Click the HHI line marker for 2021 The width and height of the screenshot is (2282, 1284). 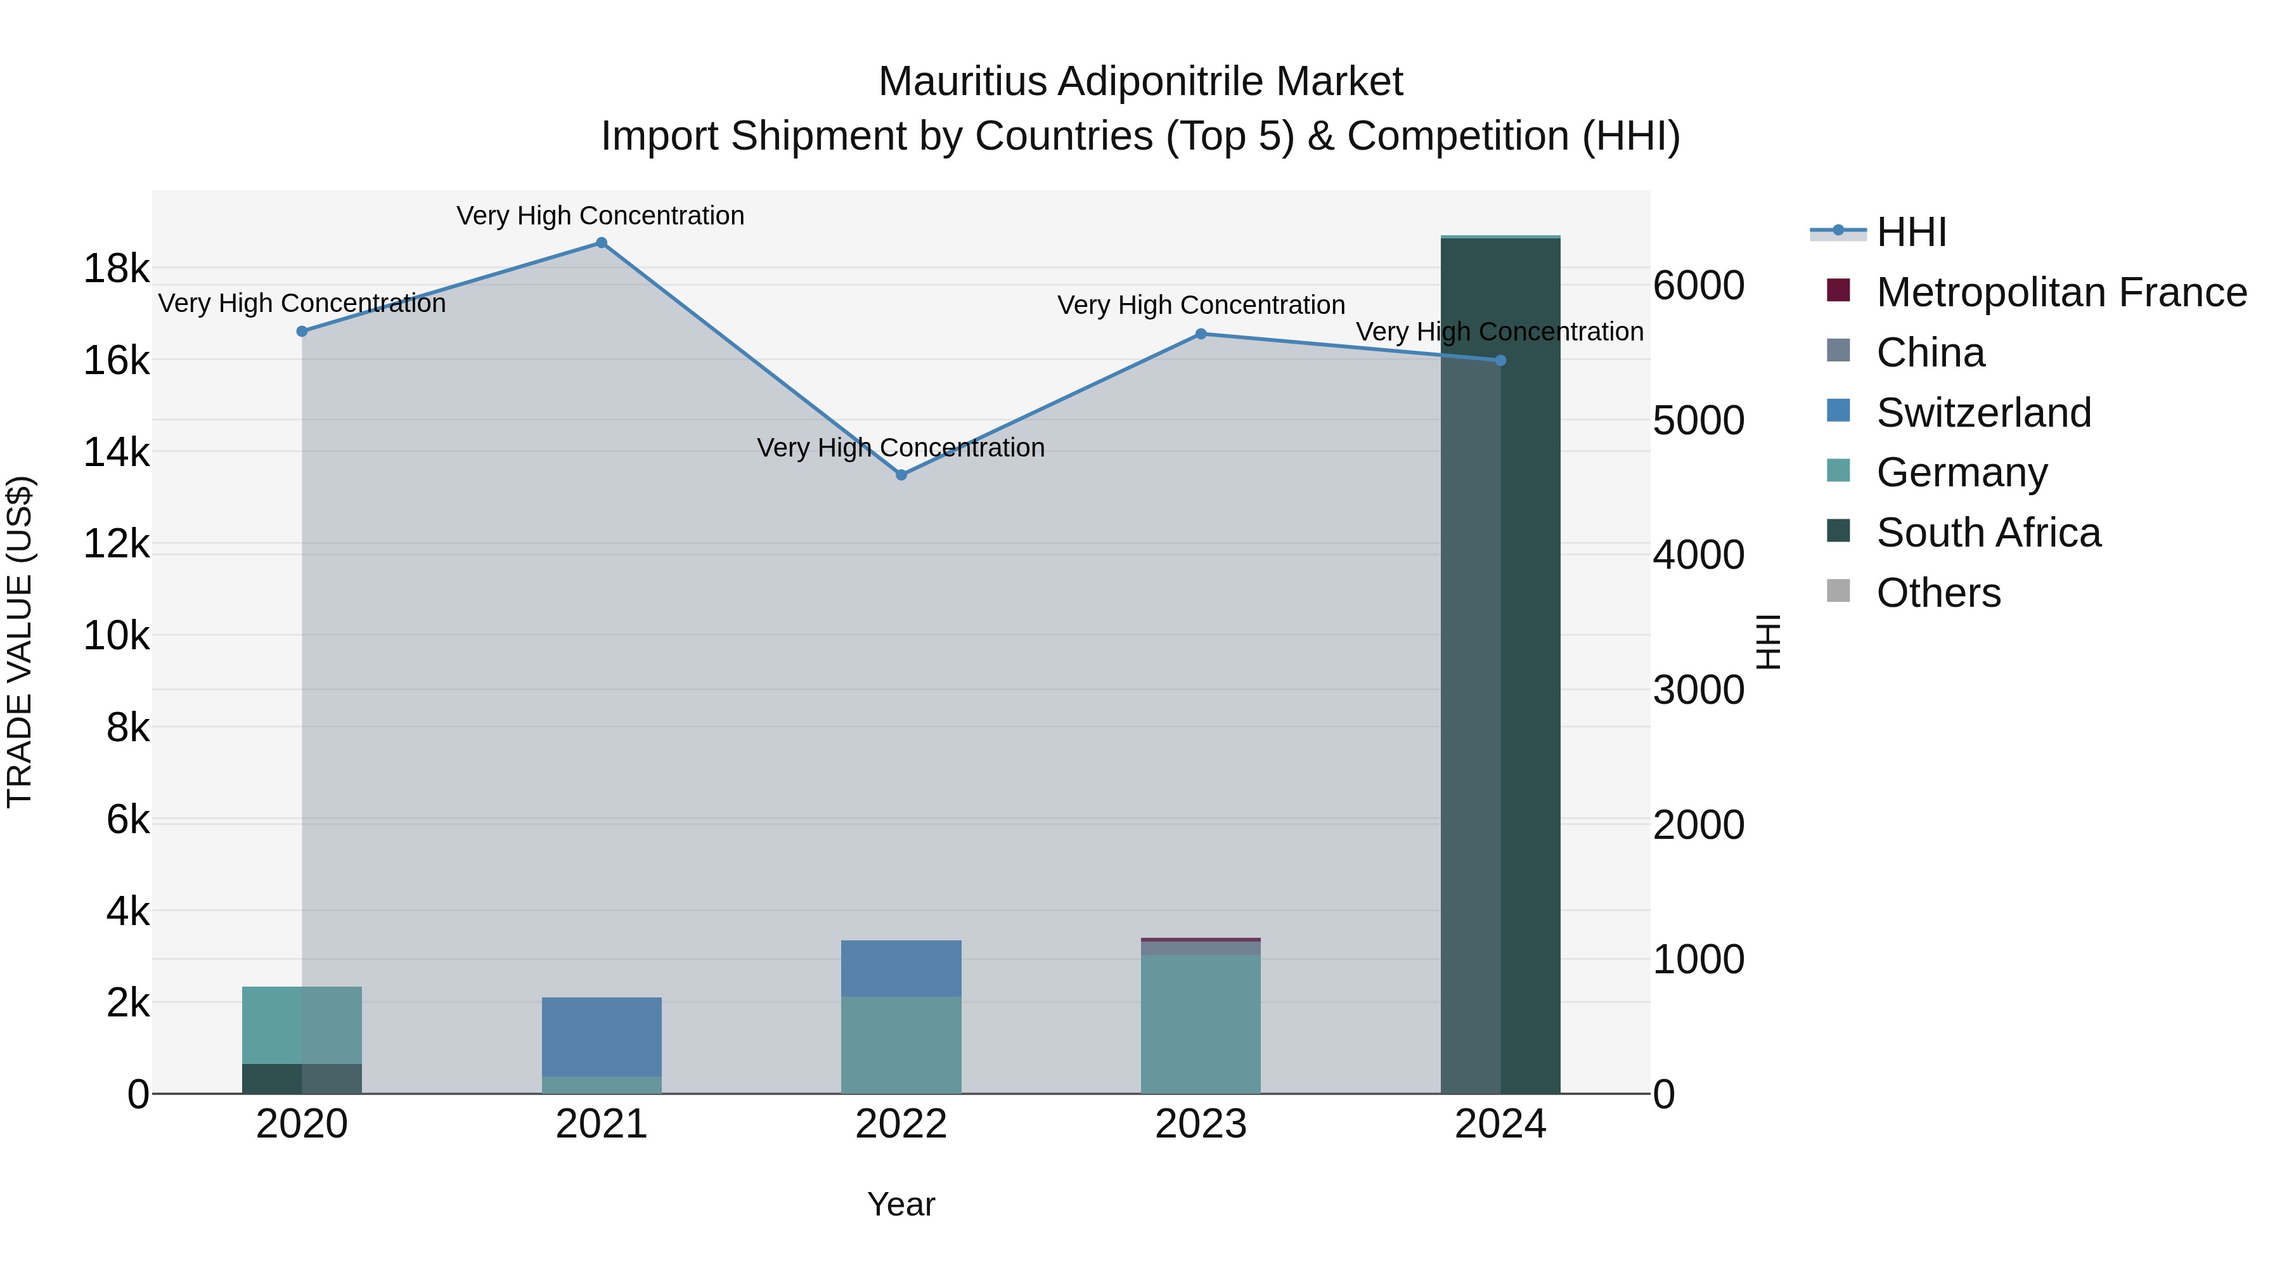pyautogui.click(x=602, y=243)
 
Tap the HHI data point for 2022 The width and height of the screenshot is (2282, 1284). pyautogui.click(x=901, y=475)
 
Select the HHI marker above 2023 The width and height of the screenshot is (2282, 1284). pyautogui.click(x=1201, y=334)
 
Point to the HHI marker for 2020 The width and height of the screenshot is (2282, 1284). pyautogui.click(x=302, y=332)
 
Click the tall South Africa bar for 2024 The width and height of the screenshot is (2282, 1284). pyautogui.click(x=1500, y=665)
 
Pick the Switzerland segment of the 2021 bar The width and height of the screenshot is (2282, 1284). pyautogui.click(x=602, y=1037)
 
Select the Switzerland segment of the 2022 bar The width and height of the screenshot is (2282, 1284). pyautogui.click(x=901, y=968)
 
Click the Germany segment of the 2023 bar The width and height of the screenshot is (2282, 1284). pyautogui.click(x=1201, y=1023)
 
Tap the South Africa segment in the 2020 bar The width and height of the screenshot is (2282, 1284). pyautogui.click(x=302, y=1079)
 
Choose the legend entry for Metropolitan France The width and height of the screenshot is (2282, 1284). pyautogui.click(x=2061, y=292)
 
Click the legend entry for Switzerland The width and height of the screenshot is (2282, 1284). pyautogui.click(x=1983, y=413)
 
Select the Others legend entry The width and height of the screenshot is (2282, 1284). pyautogui.click(x=1938, y=593)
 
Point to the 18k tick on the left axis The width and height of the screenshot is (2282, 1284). pyautogui.click(x=116, y=268)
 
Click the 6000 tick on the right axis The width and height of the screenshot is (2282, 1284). pyautogui.click(x=1698, y=285)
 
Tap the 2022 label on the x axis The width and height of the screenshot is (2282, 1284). pyautogui.click(x=901, y=1124)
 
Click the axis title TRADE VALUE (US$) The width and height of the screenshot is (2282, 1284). pyautogui.click(x=20, y=642)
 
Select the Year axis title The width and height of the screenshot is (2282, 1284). pyautogui.click(x=901, y=1204)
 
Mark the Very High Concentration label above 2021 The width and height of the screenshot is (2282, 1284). pyautogui.click(x=601, y=216)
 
